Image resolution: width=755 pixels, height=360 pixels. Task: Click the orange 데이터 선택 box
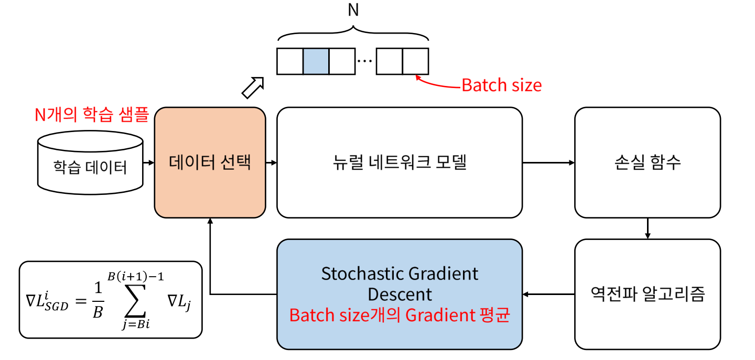210,162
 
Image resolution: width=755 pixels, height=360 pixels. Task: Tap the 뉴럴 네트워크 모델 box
400,162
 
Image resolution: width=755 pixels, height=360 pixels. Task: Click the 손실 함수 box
648,162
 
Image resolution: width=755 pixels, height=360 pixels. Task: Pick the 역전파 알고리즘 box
648,294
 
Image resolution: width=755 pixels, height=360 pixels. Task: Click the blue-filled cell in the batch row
316,61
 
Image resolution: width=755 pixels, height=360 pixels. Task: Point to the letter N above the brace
353,10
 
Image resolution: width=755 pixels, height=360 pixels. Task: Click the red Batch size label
501,85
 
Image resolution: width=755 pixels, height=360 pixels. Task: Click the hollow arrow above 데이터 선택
252,87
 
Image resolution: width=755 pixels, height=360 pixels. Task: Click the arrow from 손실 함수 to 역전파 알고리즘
648,228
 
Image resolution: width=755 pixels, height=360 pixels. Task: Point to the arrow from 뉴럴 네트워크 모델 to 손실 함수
548,162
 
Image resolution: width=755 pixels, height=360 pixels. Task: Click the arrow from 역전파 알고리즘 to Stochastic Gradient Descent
548,294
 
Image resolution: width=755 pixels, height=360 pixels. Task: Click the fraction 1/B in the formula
98,302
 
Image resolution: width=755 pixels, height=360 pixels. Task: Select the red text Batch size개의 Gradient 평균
400,316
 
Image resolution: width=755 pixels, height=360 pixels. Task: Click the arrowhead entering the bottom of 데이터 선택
210,222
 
